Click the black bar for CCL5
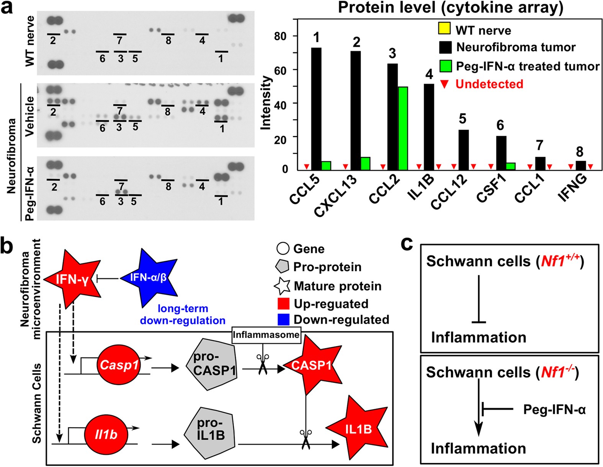316,109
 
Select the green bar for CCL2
403,128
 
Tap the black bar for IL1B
429,127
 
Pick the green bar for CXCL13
365,163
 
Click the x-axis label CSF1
491,187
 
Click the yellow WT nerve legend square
444,29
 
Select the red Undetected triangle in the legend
444,84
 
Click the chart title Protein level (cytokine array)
450,8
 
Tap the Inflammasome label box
266,335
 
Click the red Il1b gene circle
106,434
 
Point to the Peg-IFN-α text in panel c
554,410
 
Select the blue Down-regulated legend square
283,320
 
